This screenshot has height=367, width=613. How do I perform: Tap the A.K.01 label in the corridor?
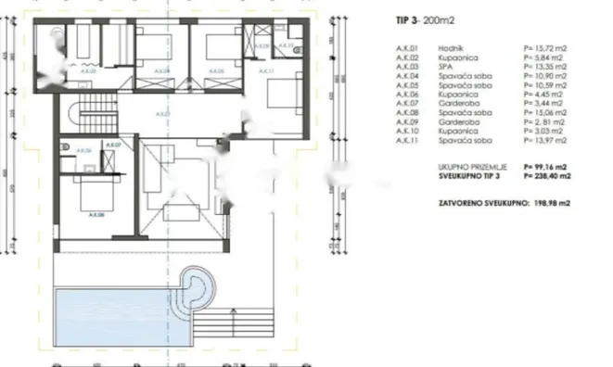pyautogui.click(x=163, y=113)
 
